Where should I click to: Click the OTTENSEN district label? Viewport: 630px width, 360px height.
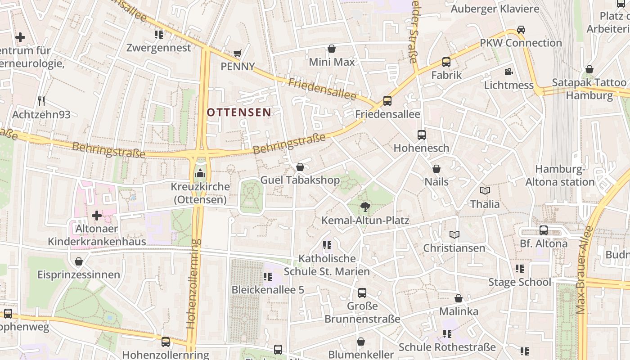pyautogui.click(x=239, y=112)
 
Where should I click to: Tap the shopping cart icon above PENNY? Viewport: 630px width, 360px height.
pyautogui.click(x=237, y=54)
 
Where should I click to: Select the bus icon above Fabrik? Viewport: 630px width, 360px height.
pyautogui.click(x=446, y=62)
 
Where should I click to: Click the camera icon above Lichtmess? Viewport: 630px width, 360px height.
pyautogui.click(x=508, y=72)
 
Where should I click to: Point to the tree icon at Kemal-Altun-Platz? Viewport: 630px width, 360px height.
pyautogui.click(x=365, y=207)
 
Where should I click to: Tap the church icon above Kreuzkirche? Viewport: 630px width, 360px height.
pyautogui.click(x=200, y=173)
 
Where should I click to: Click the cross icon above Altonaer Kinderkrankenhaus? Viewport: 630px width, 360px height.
pyautogui.click(x=97, y=216)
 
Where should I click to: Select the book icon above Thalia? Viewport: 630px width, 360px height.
pyautogui.click(x=485, y=191)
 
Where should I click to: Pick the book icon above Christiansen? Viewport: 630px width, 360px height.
pyautogui.click(x=454, y=235)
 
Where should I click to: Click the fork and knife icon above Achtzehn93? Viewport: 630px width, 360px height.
pyautogui.click(x=41, y=101)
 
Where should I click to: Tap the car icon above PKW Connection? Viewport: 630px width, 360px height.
pyautogui.click(x=521, y=30)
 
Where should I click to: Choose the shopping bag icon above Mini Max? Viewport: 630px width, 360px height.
pyautogui.click(x=332, y=49)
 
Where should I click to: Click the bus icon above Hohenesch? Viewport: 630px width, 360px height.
pyautogui.click(x=422, y=135)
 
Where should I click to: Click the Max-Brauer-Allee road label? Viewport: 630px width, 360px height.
pyautogui.click(x=583, y=270)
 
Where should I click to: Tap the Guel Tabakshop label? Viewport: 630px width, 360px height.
pyautogui.click(x=300, y=180)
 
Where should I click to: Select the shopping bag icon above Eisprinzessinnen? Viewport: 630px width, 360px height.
pyautogui.click(x=79, y=261)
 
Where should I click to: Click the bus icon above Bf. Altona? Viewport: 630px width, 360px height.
pyautogui.click(x=544, y=230)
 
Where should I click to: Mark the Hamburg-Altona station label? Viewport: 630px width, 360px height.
pyautogui.click(x=560, y=175)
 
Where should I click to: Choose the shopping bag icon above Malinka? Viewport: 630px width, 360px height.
pyautogui.click(x=459, y=298)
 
